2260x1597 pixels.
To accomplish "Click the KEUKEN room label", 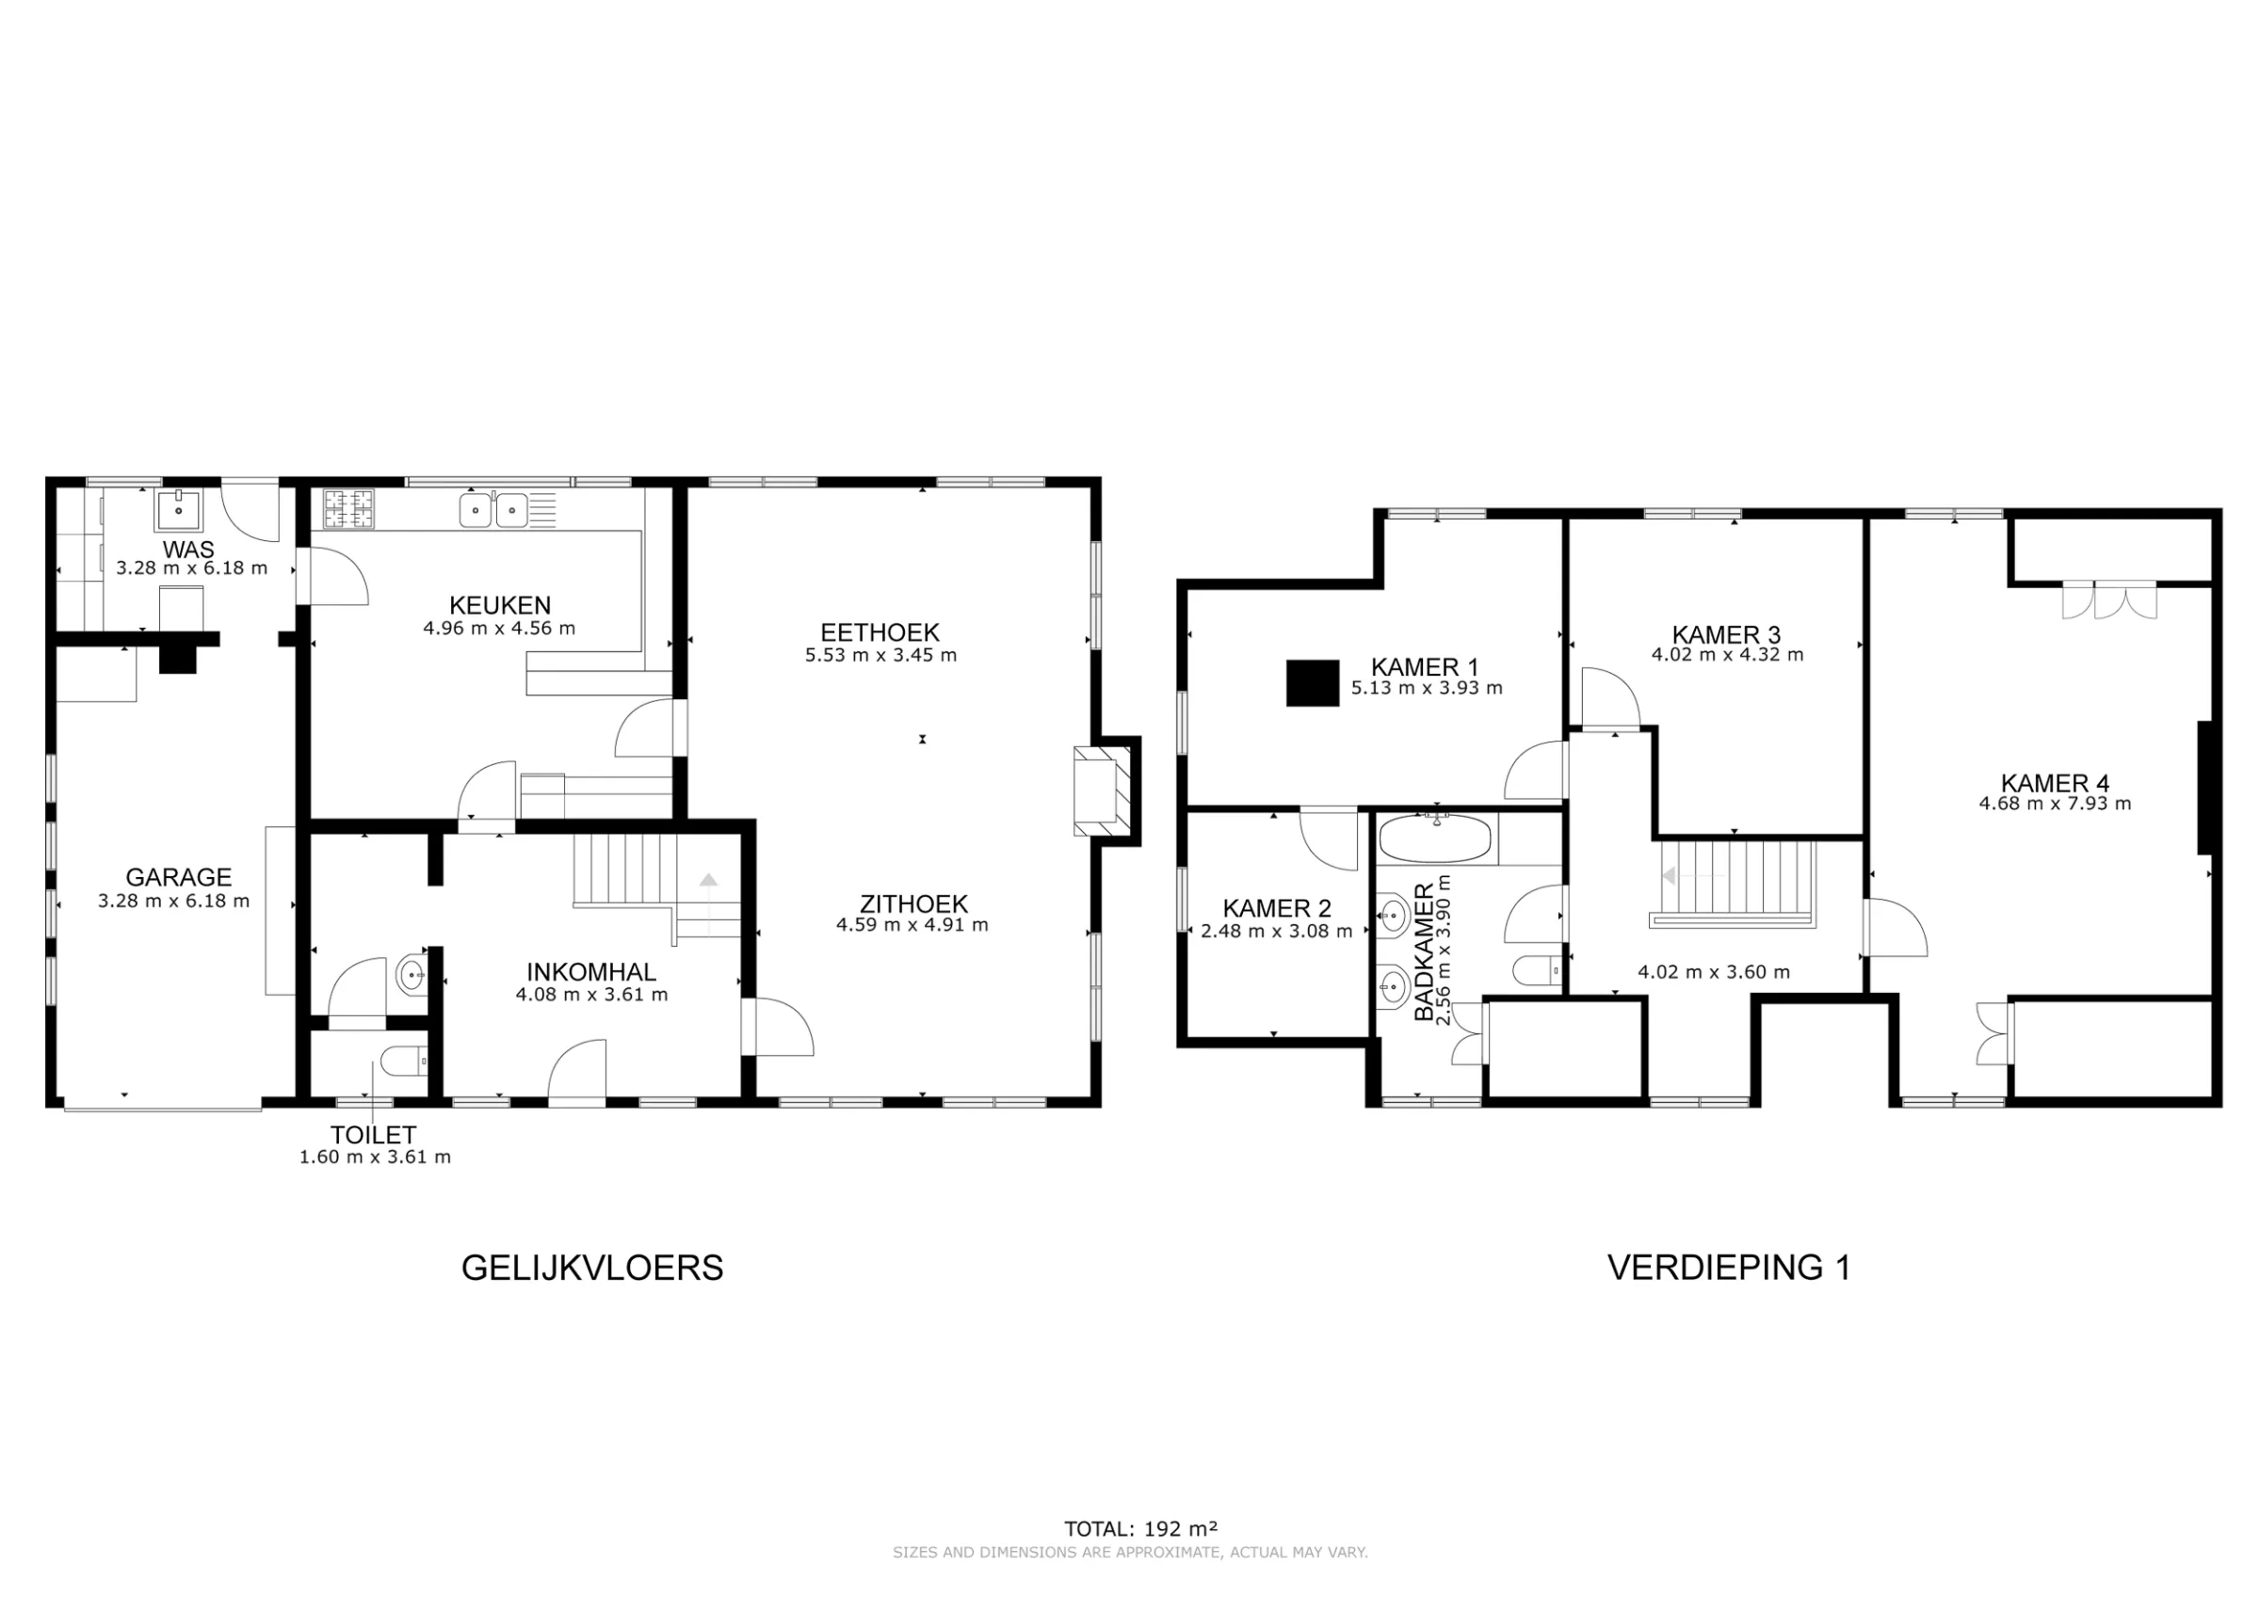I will pyautogui.click(x=499, y=605).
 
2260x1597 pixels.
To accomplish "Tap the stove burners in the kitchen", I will pyautogui.click(x=348, y=509).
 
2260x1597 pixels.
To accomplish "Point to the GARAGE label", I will pyautogui.click(x=178, y=877).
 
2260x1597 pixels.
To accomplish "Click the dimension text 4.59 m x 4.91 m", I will pyautogui.click(x=912, y=925).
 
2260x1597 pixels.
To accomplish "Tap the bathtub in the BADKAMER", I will pyautogui.click(x=1435, y=839).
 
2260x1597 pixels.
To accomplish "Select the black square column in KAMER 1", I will pyautogui.click(x=1312, y=683).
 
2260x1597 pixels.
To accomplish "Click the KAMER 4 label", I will pyautogui.click(x=2055, y=783).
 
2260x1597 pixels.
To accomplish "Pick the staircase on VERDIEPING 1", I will pyautogui.click(x=1735, y=883).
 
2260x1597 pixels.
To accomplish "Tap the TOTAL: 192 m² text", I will pyautogui.click(x=1139, y=1529).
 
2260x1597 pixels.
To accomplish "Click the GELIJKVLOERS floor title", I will pyautogui.click(x=591, y=1268).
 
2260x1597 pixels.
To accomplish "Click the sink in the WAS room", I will pyautogui.click(x=178, y=510).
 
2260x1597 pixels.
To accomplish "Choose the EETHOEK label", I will pyautogui.click(x=880, y=631).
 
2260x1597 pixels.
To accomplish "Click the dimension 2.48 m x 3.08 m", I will pyautogui.click(x=1276, y=931).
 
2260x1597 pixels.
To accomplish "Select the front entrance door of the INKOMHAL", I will pyautogui.click(x=577, y=1075).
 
